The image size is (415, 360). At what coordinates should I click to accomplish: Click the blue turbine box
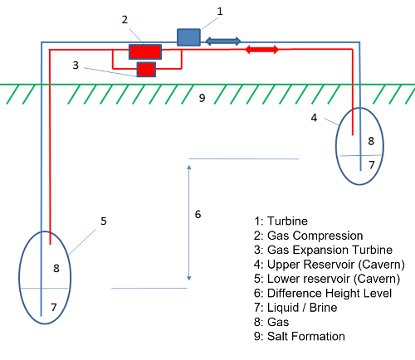(x=188, y=37)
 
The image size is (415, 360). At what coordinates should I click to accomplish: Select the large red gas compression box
(x=145, y=51)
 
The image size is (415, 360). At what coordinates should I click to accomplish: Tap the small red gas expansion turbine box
(x=146, y=70)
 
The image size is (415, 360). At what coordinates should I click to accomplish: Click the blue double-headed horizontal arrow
(x=223, y=41)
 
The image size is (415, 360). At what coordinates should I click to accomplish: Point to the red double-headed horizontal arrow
(x=262, y=50)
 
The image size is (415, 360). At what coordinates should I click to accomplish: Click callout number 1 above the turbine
(x=220, y=12)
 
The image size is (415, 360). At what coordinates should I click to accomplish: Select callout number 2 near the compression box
(x=124, y=20)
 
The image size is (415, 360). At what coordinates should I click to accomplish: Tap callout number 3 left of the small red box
(x=76, y=66)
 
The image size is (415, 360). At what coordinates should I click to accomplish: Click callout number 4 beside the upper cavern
(x=314, y=118)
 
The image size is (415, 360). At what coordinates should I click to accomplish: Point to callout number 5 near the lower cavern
(x=104, y=221)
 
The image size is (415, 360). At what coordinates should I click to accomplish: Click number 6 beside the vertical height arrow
(x=198, y=214)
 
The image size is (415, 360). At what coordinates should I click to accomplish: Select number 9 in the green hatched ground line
(x=203, y=98)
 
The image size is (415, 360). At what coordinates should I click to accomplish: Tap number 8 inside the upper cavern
(x=371, y=141)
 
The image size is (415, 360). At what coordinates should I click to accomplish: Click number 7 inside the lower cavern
(x=54, y=307)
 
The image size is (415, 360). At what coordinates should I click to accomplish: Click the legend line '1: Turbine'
(x=281, y=221)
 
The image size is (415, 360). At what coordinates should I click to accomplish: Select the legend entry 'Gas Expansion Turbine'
(x=330, y=250)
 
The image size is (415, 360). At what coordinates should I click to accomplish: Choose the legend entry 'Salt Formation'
(x=306, y=337)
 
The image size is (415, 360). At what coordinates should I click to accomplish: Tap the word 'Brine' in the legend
(x=324, y=308)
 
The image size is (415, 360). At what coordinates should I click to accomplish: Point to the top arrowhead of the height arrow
(x=189, y=167)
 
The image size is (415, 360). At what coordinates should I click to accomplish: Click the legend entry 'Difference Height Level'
(x=330, y=294)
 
